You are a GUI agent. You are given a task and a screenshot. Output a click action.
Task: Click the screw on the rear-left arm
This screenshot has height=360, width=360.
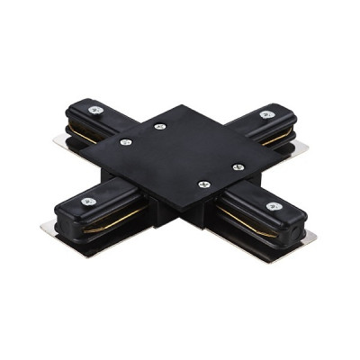pos(94,110)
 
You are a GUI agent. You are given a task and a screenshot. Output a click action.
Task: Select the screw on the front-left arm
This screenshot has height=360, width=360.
pos(88,202)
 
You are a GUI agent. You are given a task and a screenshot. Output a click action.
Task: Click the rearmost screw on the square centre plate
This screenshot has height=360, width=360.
pos(159,126)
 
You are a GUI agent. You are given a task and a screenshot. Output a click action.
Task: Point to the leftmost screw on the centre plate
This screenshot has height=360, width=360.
pos(126,141)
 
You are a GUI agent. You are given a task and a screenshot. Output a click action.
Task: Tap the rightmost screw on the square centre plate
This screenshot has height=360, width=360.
pos(238,166)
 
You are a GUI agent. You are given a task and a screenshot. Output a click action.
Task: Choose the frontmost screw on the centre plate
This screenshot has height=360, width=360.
pos(202,184)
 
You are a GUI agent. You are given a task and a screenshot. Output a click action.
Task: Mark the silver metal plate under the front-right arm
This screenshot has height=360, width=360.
pos(310,241)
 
